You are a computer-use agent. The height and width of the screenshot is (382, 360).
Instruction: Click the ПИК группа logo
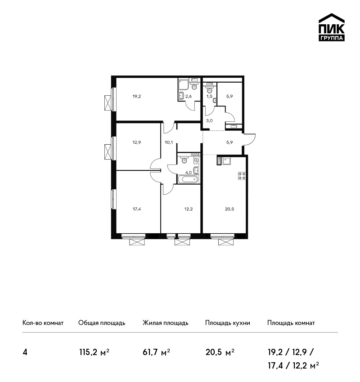pyautogui.click(x=332, y=27)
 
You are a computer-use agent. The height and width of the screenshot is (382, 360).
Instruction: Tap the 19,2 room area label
pyautogui.click(x=137, y=96)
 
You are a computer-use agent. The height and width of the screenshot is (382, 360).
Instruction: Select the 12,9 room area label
pyautogui.click(x=137, y=142)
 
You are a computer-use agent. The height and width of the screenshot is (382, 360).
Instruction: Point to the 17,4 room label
pyautogui.click(x=137, y=209)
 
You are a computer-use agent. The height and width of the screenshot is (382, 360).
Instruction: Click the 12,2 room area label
pyautogui.click(x=189, y=209)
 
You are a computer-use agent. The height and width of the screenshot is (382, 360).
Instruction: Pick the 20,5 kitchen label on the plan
pyautogui.click(x=229, y=209)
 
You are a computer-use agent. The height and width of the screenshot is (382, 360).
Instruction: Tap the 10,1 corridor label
pyautogui.click(x=169, y=142)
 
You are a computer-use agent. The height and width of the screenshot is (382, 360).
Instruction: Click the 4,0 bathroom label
pyautogui.click(x=188, y=173)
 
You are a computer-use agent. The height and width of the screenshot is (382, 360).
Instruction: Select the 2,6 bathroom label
pyautogui.click(x=188, y=96)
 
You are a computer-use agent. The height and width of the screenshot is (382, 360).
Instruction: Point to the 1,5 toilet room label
pyautogui.click(x=209, y=96)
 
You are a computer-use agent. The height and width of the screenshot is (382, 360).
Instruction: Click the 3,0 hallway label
pyautogui.click(x=209, y=120)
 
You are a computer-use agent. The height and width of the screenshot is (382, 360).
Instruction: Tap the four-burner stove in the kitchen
pyautogui.click(x=242, y=176)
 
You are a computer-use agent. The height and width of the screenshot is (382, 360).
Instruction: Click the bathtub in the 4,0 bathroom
pyautogui.click(x=188, y=180)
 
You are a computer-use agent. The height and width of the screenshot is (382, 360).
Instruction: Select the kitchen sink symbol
pyautogui.click(x=227, y=161)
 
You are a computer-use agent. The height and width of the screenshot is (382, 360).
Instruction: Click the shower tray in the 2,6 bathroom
pyautogui.click(x=184, y=84)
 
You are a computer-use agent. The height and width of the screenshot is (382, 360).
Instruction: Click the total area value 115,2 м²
pyautogui.click(x=94, y=352)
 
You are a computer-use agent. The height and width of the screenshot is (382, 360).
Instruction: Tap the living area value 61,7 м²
pyautogui.click(x=156, y=352)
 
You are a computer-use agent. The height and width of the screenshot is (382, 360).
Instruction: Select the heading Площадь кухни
pyautogui.click(x=228, y=323)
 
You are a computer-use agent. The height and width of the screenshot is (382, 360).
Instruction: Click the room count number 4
pyautogui.click(x=25, y=352)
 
